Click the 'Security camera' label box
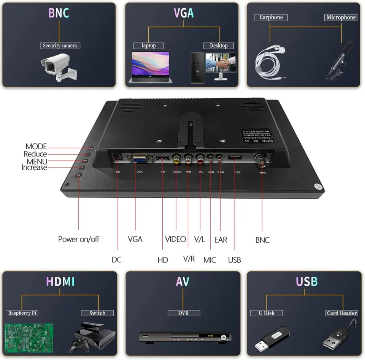(60, 46)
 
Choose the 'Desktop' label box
(219, 46)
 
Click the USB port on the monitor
(235, 158)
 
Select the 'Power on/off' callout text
(79, 239)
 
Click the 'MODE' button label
(36, 147)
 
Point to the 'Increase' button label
(34, 167)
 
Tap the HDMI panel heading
(60, 281)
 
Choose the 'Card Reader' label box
(342, 313)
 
